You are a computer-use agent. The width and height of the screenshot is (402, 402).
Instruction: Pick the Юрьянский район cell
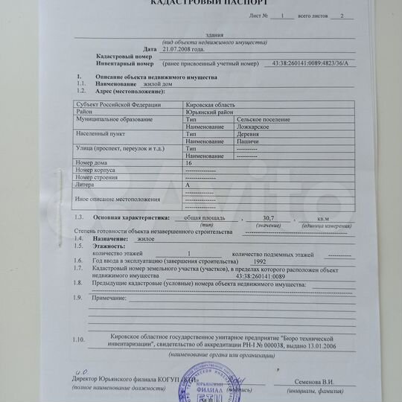click(209, 112)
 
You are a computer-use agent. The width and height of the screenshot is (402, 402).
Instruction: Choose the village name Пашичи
click(249, 141)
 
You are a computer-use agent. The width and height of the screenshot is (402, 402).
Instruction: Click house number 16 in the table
click(189, 162)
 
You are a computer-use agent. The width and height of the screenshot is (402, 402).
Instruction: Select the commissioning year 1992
click(260, 263)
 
